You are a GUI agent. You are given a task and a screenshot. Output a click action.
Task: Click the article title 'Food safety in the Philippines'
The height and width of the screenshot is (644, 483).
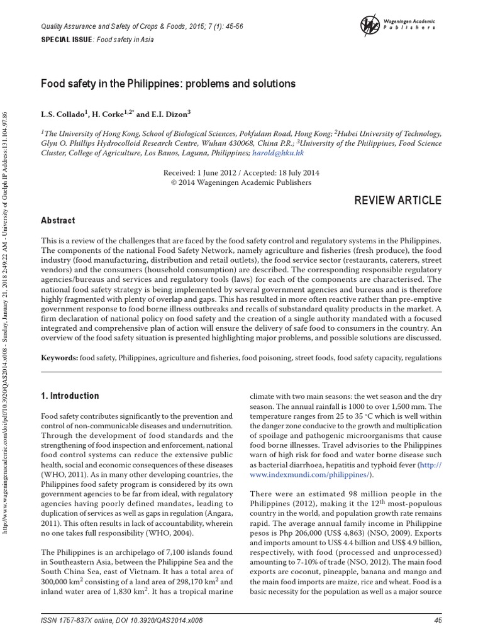(x=168, y=84)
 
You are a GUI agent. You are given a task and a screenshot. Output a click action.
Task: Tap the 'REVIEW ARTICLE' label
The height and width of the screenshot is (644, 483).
(x=398, y=201)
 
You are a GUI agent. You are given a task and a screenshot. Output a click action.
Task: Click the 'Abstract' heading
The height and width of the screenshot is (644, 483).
(x=58, y=221)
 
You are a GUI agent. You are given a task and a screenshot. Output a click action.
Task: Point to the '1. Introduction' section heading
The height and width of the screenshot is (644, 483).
(x=70, y=396)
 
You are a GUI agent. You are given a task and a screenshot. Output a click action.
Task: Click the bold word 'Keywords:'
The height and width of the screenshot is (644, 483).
(x=60, y=358)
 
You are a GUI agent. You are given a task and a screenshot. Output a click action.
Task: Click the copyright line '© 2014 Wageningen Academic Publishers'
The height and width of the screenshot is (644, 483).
(x=241, y=183)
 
